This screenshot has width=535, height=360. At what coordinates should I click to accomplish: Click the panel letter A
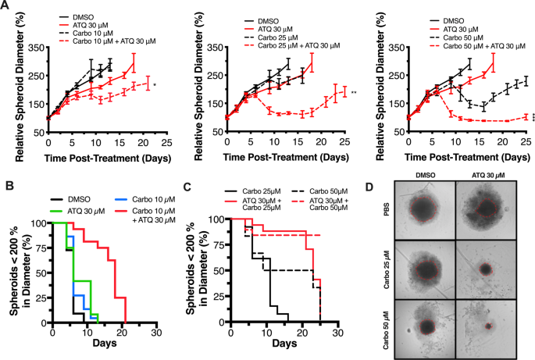[6, 6]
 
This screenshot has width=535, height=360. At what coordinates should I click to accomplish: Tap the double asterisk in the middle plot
[354, 94]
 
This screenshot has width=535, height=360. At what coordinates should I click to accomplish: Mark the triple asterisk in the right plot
[533, 119]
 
